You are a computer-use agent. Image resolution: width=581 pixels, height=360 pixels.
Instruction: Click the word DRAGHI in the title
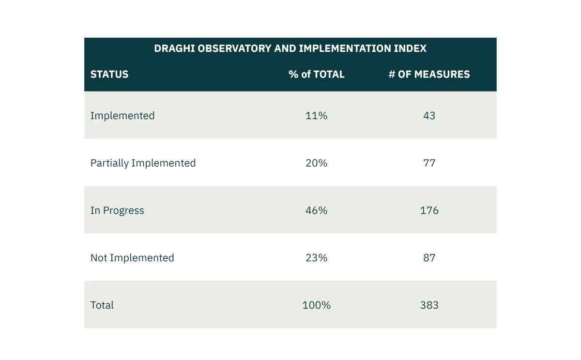[174, 48]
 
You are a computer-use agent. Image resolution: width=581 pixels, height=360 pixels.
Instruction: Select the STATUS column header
[109, 74]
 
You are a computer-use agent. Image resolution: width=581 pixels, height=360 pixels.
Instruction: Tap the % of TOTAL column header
[317, 74]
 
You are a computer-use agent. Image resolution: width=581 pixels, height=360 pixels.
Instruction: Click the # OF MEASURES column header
[429, 74]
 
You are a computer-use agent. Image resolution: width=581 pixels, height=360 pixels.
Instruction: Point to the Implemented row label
[122, 115]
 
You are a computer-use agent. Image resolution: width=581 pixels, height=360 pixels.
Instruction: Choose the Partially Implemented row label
[143, 163]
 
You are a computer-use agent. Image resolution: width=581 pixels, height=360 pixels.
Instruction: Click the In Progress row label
[117, 210]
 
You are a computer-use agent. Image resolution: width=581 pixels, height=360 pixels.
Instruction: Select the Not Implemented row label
[132, 258]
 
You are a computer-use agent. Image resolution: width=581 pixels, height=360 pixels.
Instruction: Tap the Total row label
[102, 305]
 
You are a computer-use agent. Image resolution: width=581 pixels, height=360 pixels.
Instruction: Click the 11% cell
[317, 115]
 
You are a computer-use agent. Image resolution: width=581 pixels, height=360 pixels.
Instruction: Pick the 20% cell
[317, 163]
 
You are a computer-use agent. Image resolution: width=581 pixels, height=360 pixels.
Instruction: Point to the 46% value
[317, 210]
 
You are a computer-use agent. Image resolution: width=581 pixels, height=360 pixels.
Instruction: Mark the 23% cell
[317, 258]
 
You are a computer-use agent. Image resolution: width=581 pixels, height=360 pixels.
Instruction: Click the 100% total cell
[317, 305]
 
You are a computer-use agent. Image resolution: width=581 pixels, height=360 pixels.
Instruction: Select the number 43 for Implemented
[429, 115]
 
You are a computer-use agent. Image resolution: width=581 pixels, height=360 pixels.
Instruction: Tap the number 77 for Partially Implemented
[429, 163]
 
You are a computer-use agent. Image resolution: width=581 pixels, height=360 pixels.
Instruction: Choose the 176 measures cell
[429, 210]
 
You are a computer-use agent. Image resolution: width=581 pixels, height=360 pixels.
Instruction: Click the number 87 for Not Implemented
[429, 258]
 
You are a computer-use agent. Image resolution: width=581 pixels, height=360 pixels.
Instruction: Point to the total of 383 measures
[429, 305]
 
